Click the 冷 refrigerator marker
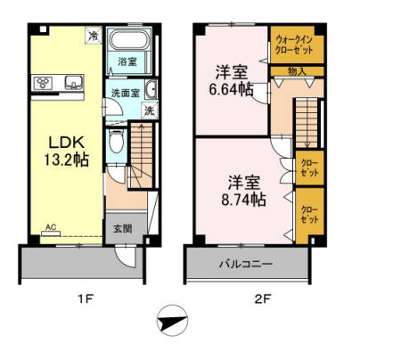93,36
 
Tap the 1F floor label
85,299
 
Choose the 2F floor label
261,299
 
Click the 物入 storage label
297,70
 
